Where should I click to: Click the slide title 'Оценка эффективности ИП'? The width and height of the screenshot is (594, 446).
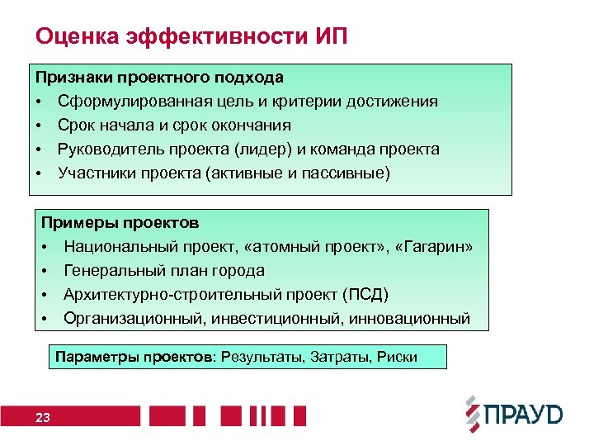click(191, 36)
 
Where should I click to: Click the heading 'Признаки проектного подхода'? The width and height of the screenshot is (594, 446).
click(159, 78)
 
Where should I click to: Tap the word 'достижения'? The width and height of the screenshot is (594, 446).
click(392, 102)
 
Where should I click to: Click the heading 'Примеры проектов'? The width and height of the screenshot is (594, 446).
click(120, 223)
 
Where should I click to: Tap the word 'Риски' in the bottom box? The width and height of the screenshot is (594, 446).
click(396, 358)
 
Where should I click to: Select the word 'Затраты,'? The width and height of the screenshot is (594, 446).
click(338, 358)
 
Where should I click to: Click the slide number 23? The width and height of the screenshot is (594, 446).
click(43, 418)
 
